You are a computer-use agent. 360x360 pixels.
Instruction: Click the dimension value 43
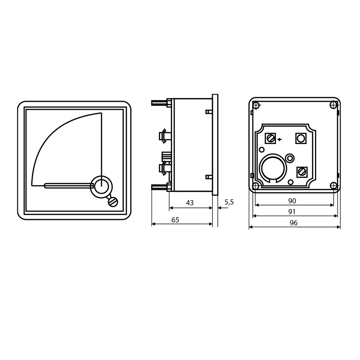pyautogui.click(x=190, y=203)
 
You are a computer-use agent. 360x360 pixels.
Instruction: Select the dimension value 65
pyautogui.click(x=175, y=220)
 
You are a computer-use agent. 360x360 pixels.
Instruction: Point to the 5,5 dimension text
pyautogui.click(x=229, y=202)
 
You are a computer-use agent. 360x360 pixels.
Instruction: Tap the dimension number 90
pyautogui.click(x=292, y=201)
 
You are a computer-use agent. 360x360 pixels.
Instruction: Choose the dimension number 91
pyautogui.click(x=292, y=212)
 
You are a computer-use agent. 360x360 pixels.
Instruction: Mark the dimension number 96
pyautogui.click(x=294, y=223)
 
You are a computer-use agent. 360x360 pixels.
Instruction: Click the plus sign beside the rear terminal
pyautogui.click(x=279, y=139)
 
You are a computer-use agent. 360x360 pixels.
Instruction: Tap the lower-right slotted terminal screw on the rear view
pyautogui.click(x=302, y=172)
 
